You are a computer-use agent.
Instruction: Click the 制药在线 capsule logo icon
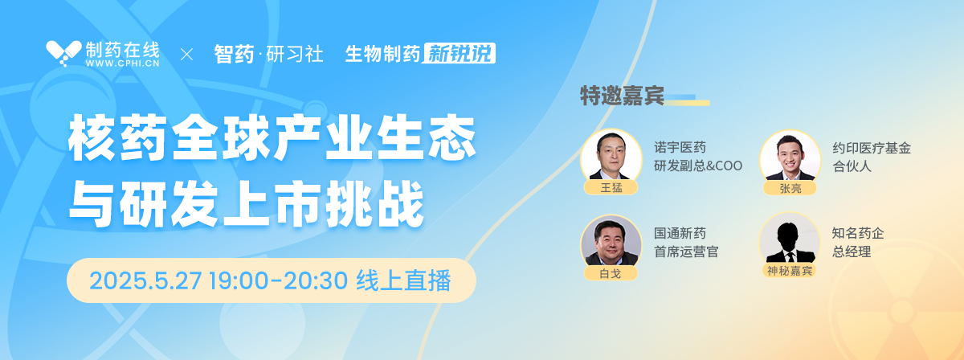point(63,53)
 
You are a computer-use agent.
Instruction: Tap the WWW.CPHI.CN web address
point(123,63)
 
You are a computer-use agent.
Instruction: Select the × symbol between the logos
point(186,55)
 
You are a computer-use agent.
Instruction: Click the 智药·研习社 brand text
point(268,55)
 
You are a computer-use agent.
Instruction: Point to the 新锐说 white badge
point(460,53)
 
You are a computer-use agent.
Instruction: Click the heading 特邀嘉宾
point(622,96)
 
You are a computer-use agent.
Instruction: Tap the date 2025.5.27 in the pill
point(145,280)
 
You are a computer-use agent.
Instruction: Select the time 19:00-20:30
point(279,280)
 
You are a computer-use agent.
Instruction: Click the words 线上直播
point(403,280)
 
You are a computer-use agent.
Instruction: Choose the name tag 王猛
point(611,188)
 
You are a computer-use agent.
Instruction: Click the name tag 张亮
point(790,188)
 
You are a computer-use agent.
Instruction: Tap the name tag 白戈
point(611,273)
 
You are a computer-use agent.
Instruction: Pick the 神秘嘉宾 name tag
point(790,271)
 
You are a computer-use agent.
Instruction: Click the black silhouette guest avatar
point(790,243)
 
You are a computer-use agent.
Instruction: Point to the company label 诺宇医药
point(680,148)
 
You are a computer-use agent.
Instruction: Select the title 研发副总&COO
point(698,166)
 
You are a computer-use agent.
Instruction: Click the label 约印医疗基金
point(872,148)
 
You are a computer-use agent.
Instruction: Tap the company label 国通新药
point(680,233)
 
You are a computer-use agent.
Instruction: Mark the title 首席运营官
point(686,252)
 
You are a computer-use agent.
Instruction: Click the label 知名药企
point(858,233)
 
